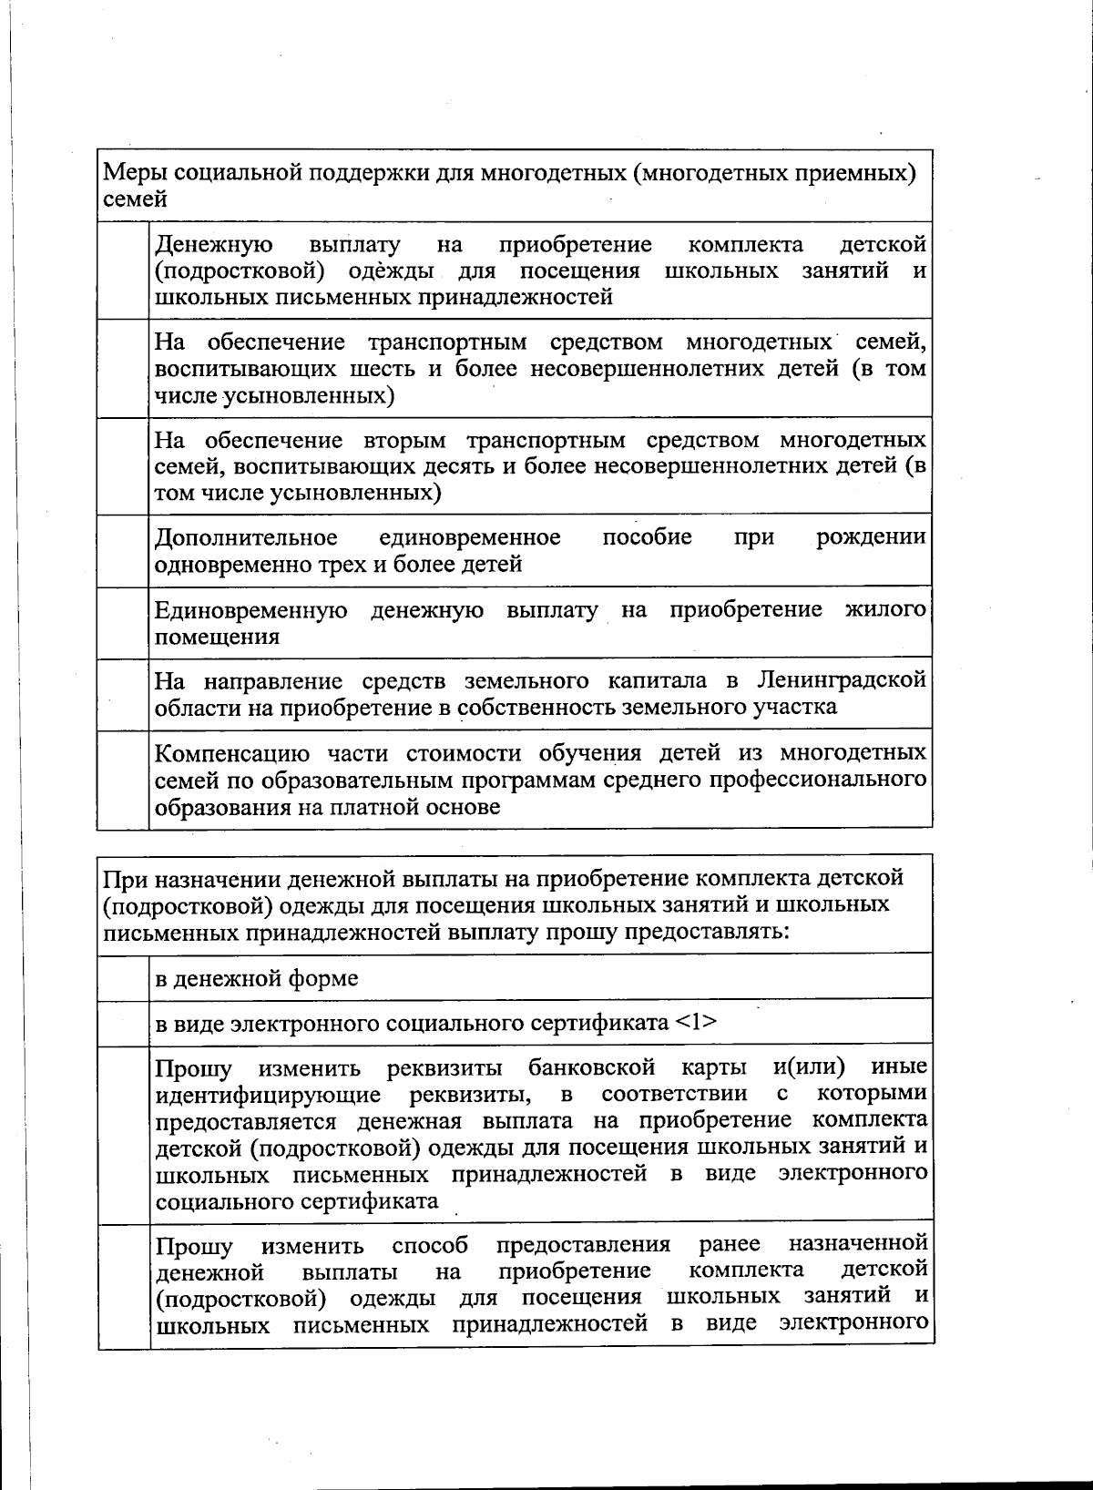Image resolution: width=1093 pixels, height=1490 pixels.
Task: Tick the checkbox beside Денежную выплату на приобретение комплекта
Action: [x=123, y=270]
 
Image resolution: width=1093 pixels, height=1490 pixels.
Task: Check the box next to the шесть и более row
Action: [x=123, y=369]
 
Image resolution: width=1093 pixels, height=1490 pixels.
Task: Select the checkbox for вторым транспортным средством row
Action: [x=123, y=466]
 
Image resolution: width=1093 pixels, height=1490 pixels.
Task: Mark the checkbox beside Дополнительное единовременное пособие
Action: [x=123, y=551]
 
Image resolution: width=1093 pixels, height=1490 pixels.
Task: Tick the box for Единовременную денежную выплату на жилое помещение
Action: [x=123, y=623]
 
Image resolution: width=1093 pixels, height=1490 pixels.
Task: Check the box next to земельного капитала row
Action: [x=123, y=694]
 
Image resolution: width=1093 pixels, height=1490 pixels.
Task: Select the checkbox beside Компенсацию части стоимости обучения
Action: [x=123, y=780]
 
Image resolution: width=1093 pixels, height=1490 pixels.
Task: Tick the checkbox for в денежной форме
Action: [x=124, y=977]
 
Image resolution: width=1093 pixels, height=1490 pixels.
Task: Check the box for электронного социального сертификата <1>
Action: [x=124, y=1023]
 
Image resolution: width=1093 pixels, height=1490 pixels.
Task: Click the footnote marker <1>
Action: [x=696, y=1023]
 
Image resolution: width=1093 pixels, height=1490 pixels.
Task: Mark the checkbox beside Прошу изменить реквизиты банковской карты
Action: [x=124, y=1134]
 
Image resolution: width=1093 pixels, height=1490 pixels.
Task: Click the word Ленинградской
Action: [x=841, y=681]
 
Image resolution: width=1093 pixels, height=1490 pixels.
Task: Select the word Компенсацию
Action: [x=224, y=754]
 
